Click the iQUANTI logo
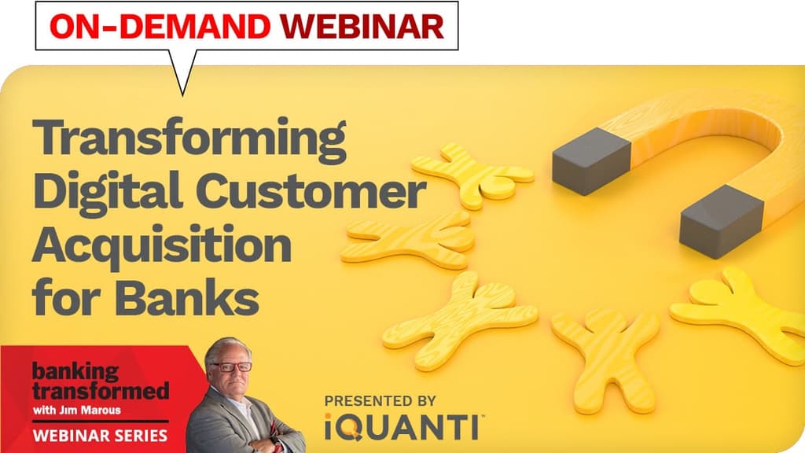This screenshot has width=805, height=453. point(403,428)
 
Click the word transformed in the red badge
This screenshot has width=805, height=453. point(100,390)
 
